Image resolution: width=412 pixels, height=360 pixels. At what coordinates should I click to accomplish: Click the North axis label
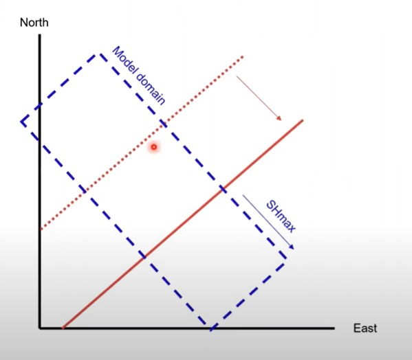click(x=34, y=23)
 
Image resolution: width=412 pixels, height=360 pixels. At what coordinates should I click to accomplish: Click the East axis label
click(x=365, y=328)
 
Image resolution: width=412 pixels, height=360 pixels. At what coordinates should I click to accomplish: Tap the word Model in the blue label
click(x=124, y=60)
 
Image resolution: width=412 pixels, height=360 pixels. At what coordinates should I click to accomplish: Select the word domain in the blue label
click(x=151, y=89)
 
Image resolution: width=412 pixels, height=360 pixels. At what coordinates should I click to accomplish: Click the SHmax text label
click(x=281, y=216)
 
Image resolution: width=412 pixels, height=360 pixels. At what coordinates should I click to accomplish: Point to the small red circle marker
click(x=154, y=147)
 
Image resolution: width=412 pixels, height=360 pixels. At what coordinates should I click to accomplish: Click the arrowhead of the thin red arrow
click(x=279, y=118)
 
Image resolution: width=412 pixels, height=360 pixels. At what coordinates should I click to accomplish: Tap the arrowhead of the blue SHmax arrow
click(x=292, y=247)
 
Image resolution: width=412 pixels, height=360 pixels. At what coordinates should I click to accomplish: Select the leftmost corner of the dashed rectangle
click(x=21, y=122)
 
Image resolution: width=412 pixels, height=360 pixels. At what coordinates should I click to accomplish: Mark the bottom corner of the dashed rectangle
click(x=210, y=329)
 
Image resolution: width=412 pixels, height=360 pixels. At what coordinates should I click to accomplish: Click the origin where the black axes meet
click(x=40, y=328)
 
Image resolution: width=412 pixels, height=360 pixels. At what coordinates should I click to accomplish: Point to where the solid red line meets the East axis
click(x=63, y=328)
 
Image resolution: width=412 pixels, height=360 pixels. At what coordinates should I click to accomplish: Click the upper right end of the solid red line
click(x=303, y=120)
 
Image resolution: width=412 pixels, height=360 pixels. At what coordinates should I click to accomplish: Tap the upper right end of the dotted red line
click(x=243, y=56)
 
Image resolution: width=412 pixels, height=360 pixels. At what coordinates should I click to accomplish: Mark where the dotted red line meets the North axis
click(x=41, y=229)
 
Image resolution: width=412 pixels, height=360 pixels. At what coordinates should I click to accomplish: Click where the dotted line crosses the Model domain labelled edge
click(x=162, y=124)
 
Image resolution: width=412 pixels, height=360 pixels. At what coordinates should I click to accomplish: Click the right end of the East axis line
click(x=334, y=328)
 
